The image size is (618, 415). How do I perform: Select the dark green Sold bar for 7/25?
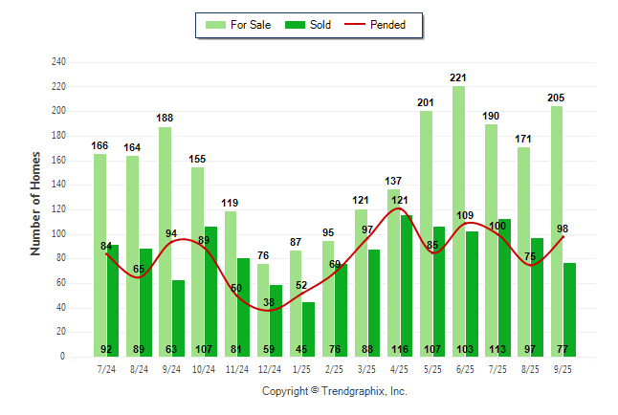tap(504, 287)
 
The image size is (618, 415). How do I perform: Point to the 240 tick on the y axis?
tap(59, 62)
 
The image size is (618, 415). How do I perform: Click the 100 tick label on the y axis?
tap(59, 234)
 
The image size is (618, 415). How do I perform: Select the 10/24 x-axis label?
tap(204, 368)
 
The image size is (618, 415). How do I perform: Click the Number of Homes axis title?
tap(36, 203)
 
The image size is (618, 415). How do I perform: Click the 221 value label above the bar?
tap(458, 77)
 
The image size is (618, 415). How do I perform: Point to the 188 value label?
tap(166, 119)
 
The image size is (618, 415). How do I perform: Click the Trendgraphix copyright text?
tap(334, 391)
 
